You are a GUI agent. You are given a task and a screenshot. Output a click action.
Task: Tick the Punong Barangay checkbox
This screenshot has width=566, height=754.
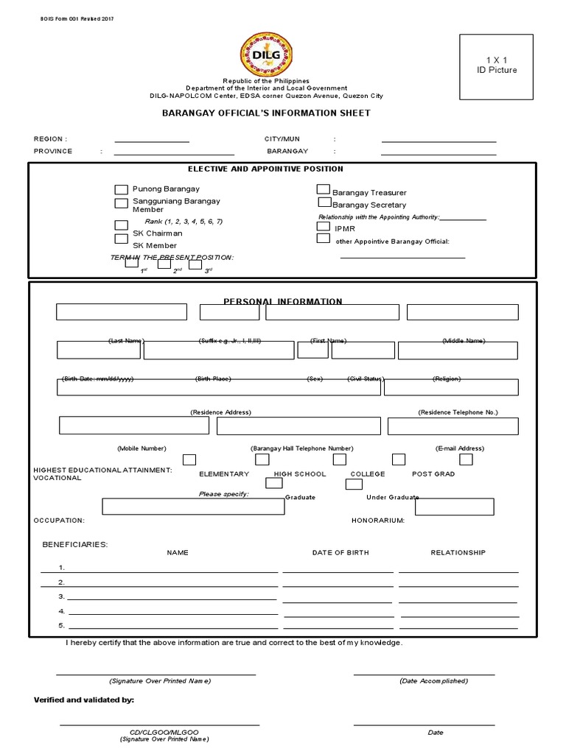[x=121, y=190]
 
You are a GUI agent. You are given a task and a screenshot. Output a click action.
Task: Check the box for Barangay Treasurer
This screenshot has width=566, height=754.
[x=323, y=189]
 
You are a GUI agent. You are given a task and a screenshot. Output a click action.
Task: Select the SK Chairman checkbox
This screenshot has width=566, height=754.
[x=121, y=226]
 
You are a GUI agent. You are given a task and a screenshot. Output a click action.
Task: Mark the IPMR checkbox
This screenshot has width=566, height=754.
[x=323, y=226]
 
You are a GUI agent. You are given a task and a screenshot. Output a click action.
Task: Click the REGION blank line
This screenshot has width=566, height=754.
[x=152, y=141]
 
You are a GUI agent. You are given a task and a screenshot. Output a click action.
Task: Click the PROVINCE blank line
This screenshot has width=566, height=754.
[x=173, y=154]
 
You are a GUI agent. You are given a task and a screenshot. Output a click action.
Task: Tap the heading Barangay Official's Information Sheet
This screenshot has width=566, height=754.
[x=266, y=113]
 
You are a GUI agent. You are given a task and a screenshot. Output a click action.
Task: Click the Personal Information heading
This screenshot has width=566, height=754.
[x=282, y=301]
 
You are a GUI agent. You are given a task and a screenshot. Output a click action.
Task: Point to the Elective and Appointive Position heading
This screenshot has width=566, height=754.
[x=265, y=169]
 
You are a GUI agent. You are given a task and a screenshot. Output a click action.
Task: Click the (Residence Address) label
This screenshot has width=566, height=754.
[x=220, y=412]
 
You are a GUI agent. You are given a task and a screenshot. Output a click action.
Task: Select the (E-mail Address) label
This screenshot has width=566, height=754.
[x=459, y=448]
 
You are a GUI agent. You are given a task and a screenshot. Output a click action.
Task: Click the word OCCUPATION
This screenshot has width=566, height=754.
[x=59, y=520]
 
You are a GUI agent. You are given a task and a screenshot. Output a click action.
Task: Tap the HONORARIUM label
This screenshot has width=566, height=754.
[x=378, y=520]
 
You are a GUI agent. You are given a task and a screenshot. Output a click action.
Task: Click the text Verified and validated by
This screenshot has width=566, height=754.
[x=84, y=700]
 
